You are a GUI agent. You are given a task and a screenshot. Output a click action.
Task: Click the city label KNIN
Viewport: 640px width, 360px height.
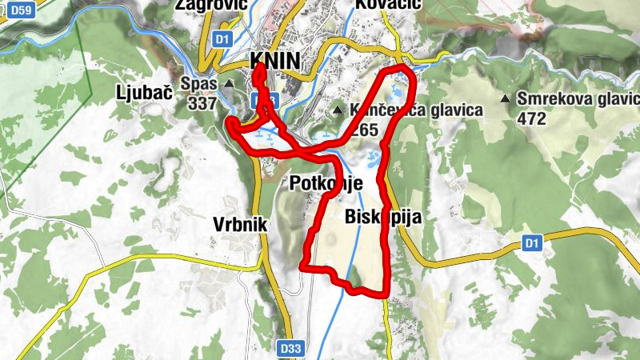click(x=274, y=62)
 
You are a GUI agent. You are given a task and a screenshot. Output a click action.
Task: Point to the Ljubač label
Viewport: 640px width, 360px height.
click(x=144, y=91)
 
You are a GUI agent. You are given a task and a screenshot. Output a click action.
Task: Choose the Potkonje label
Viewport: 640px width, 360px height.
click(x=326, y=182)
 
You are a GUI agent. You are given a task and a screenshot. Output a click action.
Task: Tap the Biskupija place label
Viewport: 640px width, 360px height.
click(x=382, y=217)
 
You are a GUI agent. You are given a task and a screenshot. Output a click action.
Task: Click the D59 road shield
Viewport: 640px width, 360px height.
click(x=21, y=10)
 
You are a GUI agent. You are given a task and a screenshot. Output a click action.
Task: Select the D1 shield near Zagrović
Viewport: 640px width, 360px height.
click(x=223, y=38)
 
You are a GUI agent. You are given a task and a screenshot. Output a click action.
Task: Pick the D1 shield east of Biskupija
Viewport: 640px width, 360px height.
click(x=532, y=242)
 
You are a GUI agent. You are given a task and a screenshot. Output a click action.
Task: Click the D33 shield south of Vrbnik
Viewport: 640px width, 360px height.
click(x=292, y=349)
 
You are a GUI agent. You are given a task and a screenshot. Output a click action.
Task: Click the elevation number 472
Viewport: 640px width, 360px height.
click(x=531, y=118)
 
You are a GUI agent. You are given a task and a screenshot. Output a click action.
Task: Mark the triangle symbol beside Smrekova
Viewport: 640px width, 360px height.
click(x=505, y=99)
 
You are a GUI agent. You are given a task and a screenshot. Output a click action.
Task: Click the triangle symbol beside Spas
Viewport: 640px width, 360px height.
click(x=230, y=83)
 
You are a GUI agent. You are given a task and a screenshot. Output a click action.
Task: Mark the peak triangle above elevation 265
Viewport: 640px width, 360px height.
click(x=338, y=110)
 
